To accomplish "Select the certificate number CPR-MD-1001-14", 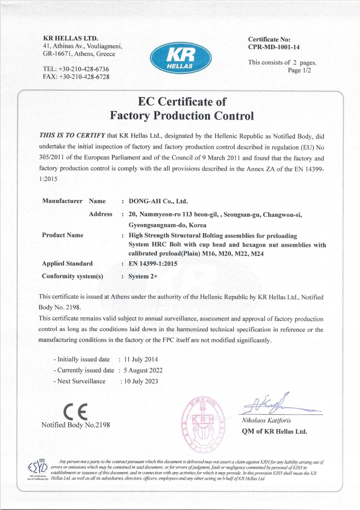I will click(x=274, y=47).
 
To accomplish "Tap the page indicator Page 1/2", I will click(x=300, y=70).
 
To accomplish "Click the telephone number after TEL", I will click(x=84, y=69).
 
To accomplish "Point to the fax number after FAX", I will click(x=84, y=76).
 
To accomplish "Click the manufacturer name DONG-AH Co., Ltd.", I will click(x=158, y=201).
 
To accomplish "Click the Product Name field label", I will click(x=63, y=235).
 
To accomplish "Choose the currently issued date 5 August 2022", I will click(x=143, y=370).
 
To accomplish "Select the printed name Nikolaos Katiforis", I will click(x=266, y=420).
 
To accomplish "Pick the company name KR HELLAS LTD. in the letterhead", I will click(x=70, y=38).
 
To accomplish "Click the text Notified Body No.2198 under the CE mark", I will click(x=75, y=425).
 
